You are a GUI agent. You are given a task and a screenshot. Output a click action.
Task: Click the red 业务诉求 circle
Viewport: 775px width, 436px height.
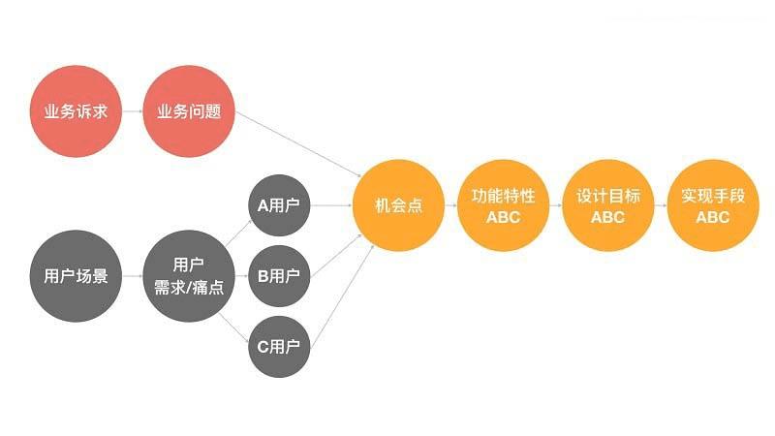[76, 110]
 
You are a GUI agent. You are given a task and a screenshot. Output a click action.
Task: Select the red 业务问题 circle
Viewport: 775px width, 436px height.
[189, 110]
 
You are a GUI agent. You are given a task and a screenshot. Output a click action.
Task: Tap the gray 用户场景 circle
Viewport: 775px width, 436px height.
[76, 275]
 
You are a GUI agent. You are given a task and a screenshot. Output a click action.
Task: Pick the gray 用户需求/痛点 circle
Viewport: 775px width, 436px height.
[189, 275]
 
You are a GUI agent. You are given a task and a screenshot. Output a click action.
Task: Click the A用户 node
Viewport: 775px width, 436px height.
[279, 205]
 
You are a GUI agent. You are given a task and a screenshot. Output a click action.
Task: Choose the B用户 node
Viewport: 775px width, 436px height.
[279, 275]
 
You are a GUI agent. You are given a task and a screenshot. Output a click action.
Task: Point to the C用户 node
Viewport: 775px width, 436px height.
[279, 345]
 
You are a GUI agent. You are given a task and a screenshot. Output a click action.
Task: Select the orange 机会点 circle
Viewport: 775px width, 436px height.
[398, 205]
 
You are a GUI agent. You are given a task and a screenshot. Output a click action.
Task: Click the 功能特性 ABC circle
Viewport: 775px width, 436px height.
[503, 205]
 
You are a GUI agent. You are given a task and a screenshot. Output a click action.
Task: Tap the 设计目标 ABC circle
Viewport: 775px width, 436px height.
[607, 205]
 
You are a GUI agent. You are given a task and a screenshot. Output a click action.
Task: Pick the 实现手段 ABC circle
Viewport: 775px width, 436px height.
[712, 205]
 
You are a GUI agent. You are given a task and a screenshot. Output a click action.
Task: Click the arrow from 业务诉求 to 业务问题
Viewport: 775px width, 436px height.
[132, 110]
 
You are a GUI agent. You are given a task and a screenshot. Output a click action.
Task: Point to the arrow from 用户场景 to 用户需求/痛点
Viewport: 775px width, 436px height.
[132, 275]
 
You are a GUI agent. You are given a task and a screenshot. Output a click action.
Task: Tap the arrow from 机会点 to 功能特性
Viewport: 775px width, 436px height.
[450, 205]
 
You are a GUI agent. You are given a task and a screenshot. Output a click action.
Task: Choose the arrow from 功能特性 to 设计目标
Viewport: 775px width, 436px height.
[555, 205]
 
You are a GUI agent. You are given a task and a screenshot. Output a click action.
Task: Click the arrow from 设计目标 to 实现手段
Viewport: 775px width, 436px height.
[660, 205]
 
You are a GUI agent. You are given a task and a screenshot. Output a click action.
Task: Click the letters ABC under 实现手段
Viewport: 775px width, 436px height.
[712, 217]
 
